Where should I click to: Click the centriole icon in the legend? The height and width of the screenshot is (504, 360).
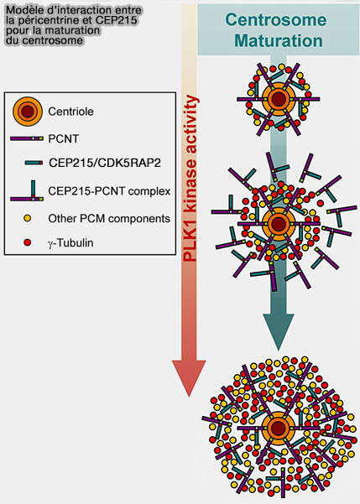coord(29,111)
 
